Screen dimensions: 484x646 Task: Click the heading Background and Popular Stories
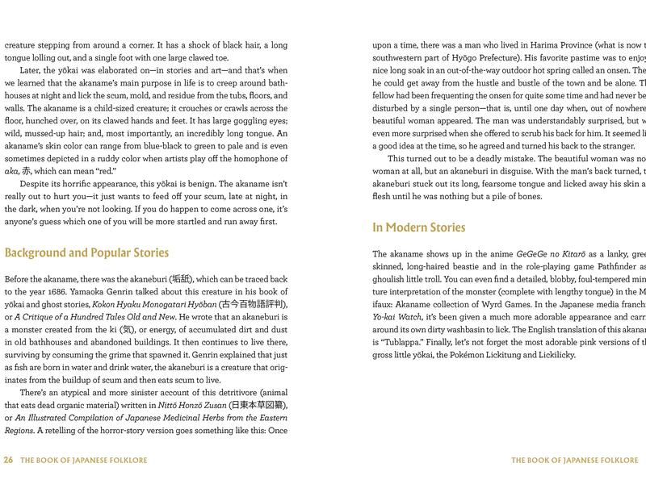click(86, 252)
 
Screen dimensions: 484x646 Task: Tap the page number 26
click(9, 461)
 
